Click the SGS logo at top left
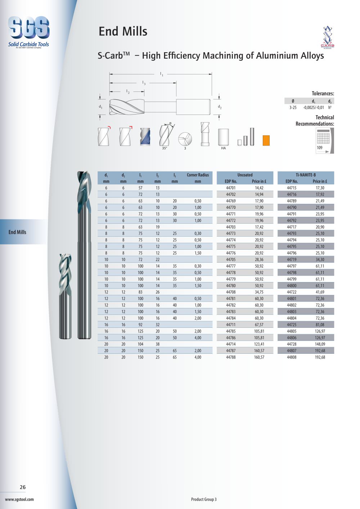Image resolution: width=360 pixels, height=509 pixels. click(28, 32)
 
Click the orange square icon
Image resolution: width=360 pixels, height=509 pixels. click(266, 140)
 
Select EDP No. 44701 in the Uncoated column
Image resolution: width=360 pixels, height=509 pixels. click(231, 188)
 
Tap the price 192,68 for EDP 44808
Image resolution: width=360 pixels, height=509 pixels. click(320, 357)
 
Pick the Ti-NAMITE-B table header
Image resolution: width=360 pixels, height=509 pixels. click(306, 175)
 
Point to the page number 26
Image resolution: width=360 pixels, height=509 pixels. click(23, 487)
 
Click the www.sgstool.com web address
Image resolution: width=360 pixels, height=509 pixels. click(19, 500)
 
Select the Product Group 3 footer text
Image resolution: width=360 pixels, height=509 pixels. click(204, 500)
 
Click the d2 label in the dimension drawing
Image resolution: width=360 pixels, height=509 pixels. click(220, 107)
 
